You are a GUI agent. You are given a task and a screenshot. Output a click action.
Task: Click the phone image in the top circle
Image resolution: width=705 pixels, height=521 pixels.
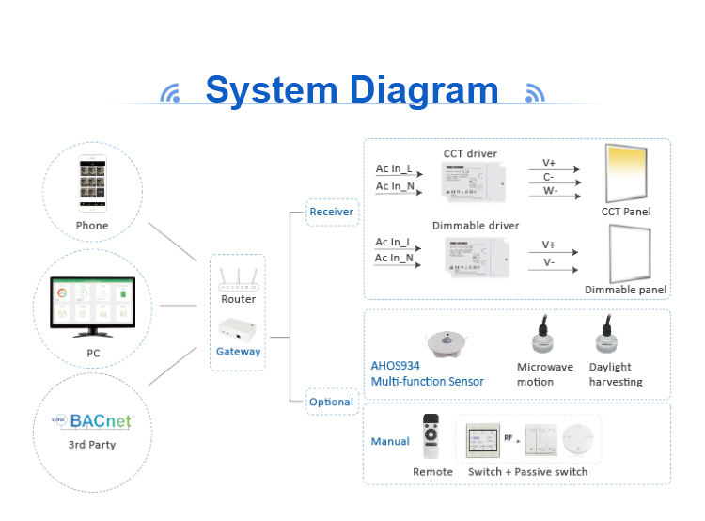[92, 184]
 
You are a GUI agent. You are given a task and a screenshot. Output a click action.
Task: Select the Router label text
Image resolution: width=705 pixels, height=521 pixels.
[238, 299]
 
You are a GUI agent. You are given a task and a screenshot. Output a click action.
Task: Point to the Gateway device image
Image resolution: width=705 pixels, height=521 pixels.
[238, 328]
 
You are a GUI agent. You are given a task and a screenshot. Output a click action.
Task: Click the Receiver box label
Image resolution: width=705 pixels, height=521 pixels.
[332, 212]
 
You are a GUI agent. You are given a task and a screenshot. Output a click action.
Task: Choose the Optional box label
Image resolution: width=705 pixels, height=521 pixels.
[332, 402]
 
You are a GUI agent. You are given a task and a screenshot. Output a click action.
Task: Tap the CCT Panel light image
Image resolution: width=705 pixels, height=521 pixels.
[626, 172]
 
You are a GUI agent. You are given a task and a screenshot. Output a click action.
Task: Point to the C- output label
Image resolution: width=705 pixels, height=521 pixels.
[548, 176]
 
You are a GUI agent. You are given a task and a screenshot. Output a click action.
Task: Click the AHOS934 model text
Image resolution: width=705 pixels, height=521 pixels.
[395, 367]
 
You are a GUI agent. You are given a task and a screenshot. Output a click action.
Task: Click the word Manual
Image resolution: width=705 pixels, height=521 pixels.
[390, 441]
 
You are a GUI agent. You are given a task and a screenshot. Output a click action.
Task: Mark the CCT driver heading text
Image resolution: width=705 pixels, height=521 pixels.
[470, 153]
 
